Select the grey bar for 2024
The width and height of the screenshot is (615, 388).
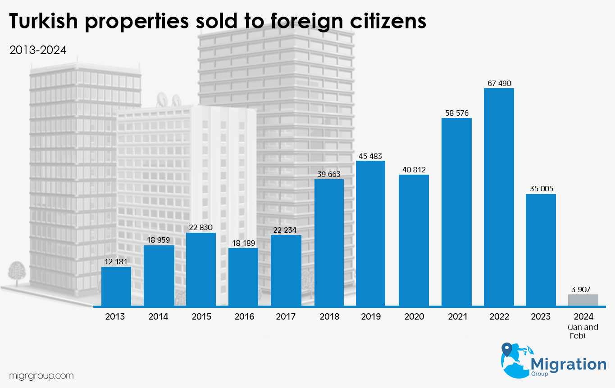click(x=583, y=300)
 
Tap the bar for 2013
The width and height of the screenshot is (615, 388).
click(x=116, y=286)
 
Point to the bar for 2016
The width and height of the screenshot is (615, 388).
click(x=243, y=277)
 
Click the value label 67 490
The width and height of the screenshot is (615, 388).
click(x=499, y=83)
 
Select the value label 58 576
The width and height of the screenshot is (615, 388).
click(x=456, y=113)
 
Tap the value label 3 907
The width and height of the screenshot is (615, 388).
click(x=583, y=289)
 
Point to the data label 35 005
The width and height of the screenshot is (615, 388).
click(x=541, y=189)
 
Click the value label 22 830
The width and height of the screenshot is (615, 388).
click(x=201, y=228)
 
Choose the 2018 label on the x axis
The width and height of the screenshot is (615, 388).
click(x=329, y=317)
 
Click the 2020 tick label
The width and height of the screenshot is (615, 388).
click(x=414, y=317)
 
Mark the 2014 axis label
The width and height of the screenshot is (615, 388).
click(x=158, y=317)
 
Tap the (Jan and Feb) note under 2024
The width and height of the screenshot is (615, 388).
click(x=583, y=331)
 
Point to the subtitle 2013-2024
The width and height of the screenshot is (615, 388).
click(x=38, y=50)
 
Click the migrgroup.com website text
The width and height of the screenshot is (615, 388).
click(x=41, y=375)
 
